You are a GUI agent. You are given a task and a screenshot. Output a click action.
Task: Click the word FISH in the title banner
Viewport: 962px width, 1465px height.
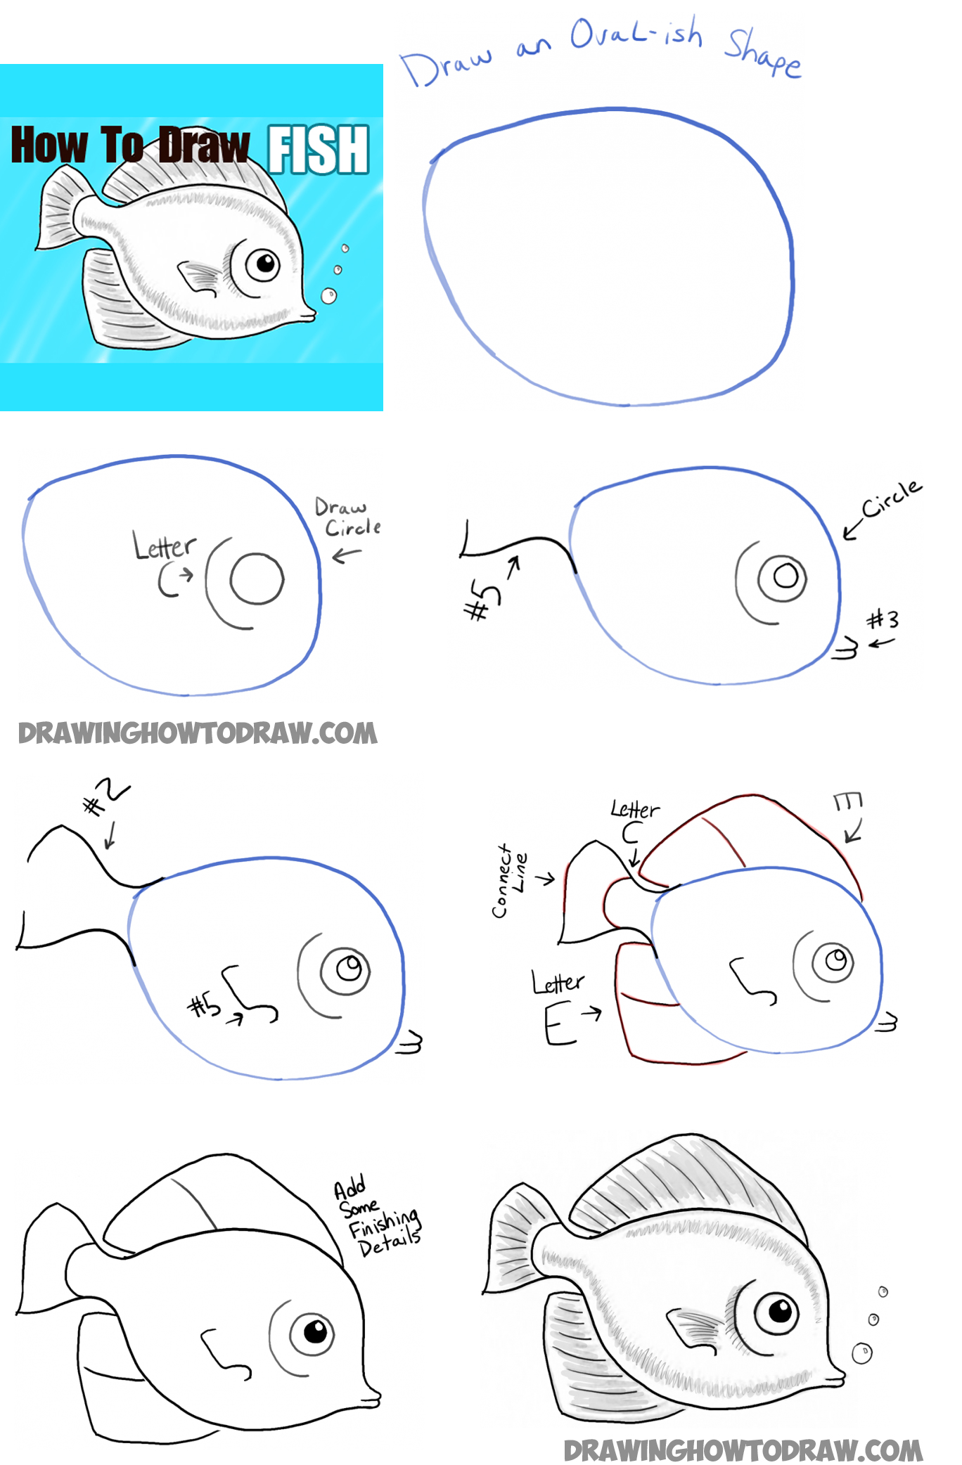pos(319,149)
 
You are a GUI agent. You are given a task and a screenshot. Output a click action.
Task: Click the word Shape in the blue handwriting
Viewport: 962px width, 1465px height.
pos(762,52)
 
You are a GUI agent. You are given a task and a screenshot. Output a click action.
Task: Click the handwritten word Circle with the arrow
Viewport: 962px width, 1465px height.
pos(891,498)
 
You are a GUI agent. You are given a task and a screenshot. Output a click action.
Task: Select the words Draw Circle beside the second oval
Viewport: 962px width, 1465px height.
pos(348,517)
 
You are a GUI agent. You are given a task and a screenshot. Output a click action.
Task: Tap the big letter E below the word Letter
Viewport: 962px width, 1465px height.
pos(559,1026)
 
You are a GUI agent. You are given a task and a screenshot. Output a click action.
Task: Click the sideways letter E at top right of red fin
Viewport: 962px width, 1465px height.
pos(847,802)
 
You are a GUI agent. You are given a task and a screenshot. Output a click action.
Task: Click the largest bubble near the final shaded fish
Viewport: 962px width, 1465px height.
pos(861,1352)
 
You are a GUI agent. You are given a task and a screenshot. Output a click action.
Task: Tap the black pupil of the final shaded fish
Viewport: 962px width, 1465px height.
pos(781,1310)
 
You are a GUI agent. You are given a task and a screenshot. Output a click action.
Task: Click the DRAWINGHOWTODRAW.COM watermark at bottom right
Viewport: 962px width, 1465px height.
pos(743,1450)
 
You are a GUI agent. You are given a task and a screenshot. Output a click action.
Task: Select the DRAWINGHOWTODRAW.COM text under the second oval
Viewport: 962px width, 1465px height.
pos(198,733)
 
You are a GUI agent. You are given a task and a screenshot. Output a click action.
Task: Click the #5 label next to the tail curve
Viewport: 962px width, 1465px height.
pos(482,602)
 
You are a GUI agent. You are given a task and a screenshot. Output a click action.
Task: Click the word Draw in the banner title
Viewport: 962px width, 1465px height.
pos(203,146)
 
